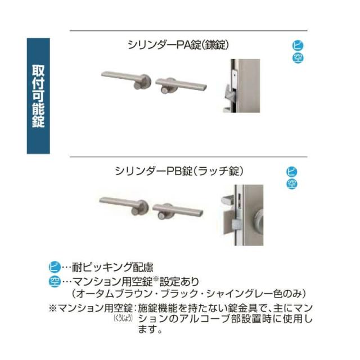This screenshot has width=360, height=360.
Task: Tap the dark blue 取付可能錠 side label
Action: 38,96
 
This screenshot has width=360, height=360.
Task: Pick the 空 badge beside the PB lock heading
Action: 292,183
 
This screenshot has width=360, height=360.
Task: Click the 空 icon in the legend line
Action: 55,280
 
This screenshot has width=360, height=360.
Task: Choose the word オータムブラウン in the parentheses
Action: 111,294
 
